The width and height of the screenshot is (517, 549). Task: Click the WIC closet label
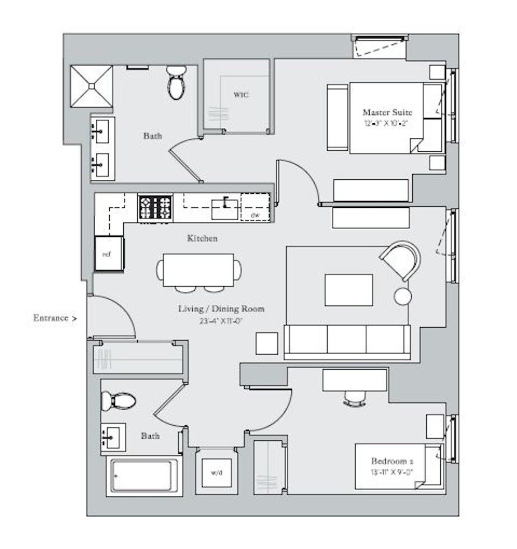pos(241,95)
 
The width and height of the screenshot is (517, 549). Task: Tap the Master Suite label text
pos(384,112)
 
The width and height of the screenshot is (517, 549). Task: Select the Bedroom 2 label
pos(392,461)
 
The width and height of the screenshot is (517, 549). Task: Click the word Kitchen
pos(202,239)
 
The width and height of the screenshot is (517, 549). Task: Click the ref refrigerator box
pos(108,254)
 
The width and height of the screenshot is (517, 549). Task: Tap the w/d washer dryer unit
pos(216,472)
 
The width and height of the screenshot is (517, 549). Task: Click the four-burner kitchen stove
pos(155,208)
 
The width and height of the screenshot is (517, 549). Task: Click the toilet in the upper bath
pos(176,82)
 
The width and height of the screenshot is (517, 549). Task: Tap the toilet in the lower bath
pos(119,401)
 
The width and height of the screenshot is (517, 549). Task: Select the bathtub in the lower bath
pos(145,475)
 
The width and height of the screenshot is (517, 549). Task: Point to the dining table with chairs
pos(199,271)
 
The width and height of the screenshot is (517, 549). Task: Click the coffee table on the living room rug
pos(348,290)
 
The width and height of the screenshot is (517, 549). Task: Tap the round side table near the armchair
pos(403,296)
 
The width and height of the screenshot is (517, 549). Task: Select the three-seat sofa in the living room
pos(347,341)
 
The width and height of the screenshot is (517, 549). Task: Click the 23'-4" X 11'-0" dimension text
pos(221,321)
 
